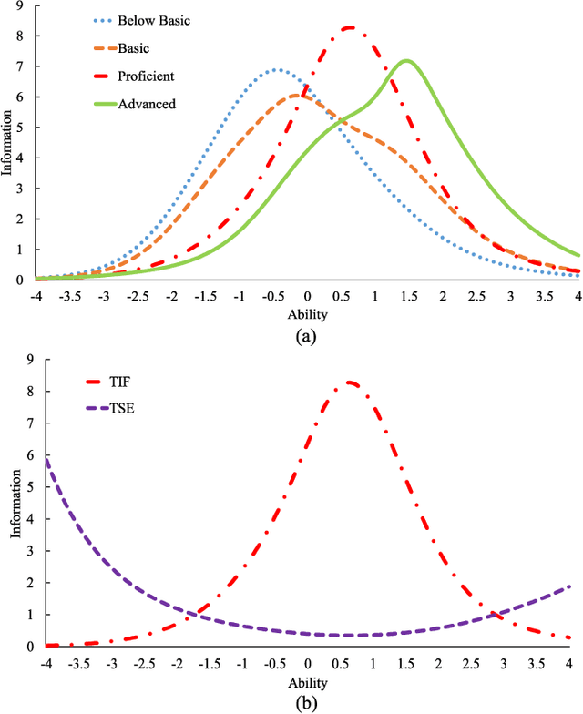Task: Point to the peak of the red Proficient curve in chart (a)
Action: (350, 27)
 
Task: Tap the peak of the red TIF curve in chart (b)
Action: (350, 382)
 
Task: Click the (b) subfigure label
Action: (308, 702)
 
